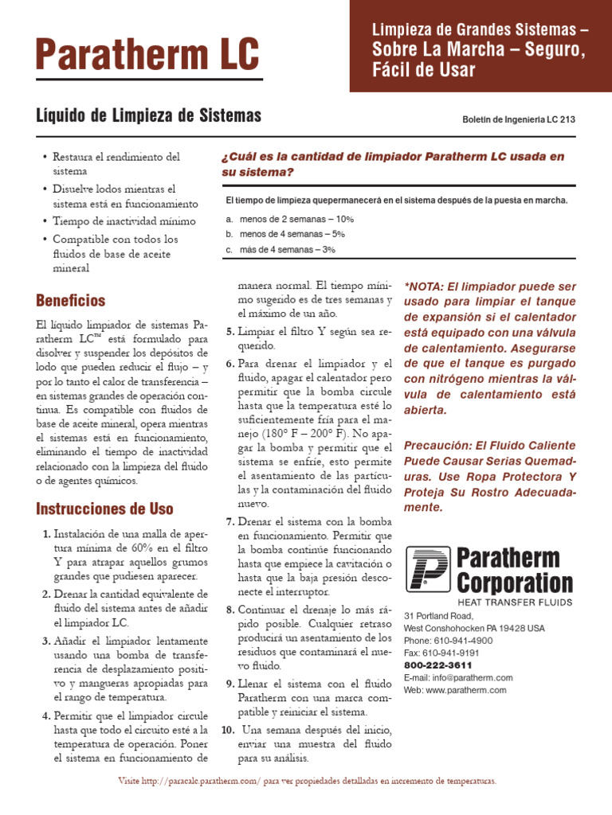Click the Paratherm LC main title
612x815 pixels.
point(147,54)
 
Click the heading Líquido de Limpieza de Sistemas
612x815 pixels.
point(149,116)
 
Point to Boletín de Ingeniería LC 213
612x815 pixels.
point(519,119)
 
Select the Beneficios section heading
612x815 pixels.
point(71,301)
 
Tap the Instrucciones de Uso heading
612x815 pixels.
point(104,509)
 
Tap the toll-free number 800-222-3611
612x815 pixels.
point(438,665)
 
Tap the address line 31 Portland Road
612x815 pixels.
point(439,616)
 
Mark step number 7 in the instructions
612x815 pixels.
point(229,521)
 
